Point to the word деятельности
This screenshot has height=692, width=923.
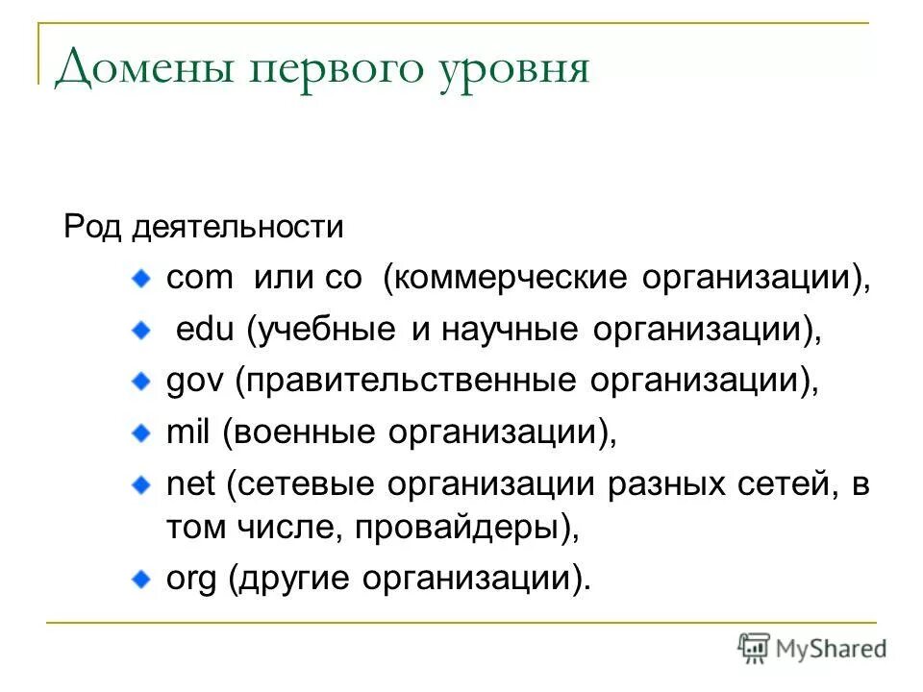(x=237, y=228)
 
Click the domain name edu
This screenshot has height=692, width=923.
(x=206, y=331)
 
